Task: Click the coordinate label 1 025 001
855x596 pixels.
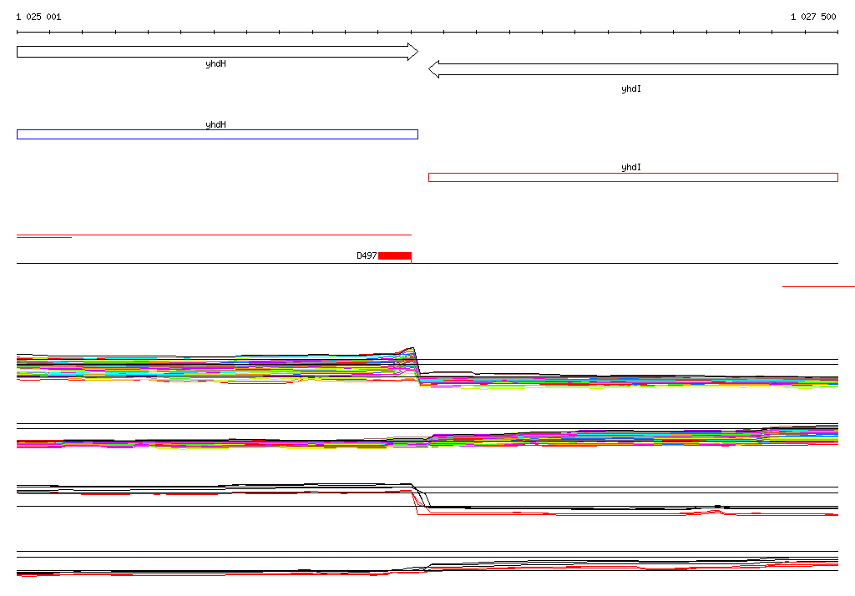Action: point(38,17)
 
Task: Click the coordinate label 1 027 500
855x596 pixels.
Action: point(813,17)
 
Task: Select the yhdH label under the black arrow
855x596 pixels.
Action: point(216,63)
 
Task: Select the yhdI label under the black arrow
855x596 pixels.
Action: point(631,88)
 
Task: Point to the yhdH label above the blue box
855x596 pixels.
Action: point(216,124)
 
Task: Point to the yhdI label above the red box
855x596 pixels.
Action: point(631,167)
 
